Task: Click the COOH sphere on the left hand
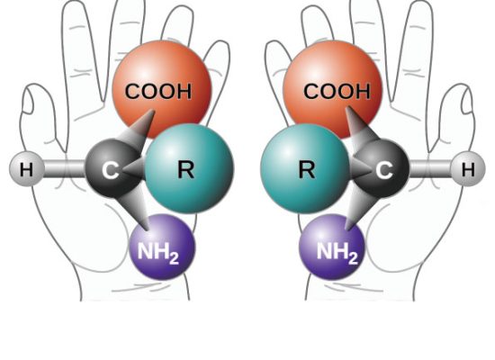click(x=162, y=90)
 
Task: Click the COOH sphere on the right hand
click(x=333, y=90)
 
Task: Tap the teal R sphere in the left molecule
click(x=189, y=168)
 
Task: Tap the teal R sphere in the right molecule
click(x=305, y=168)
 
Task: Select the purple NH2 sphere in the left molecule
click(x=162, y=247)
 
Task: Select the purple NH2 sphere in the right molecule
click(x=332, y=247)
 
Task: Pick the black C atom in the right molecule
click(x=382, y=169)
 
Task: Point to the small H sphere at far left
click(x=26, y=169)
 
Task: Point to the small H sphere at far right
click(x=468, y=169)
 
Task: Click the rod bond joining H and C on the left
click(x=65, y=169)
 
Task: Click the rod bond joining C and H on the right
click(x=430, y=169)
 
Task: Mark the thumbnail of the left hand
click(x=27, y=101)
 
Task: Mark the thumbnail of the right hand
click(x=467, y=101)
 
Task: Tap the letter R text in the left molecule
click(x=186, y=169)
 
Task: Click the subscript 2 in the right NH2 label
click(x=354, y=258)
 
